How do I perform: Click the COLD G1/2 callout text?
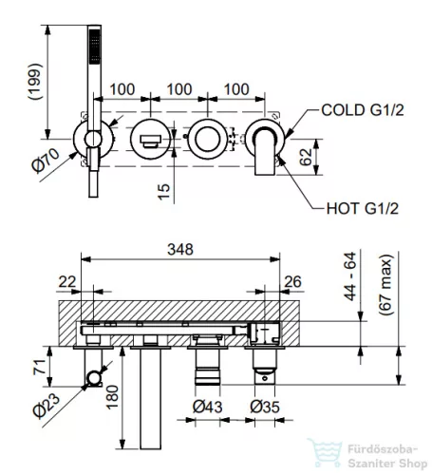click(363, 110)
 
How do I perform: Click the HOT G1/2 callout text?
click(363, 209)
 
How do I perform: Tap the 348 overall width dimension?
click(180, 250)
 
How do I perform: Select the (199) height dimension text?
click(35, 82)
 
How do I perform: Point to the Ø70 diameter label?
click(46, 161)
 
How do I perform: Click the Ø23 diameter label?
click(47, 406)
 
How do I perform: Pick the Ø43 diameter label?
click(207, 407)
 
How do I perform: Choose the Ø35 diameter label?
click(265, 407)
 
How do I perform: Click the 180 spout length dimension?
click(112, 397)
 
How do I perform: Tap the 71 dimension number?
click(40, 367)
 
